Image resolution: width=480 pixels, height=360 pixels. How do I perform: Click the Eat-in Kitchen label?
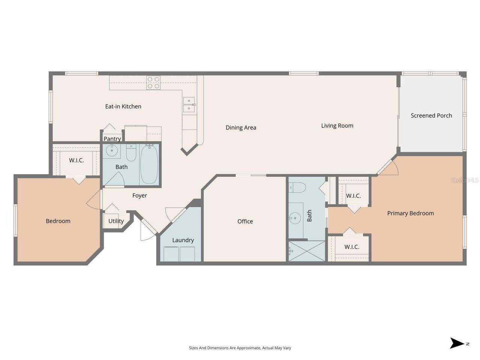click(123, 106)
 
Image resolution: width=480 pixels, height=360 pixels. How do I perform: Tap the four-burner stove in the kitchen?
click(153, 82)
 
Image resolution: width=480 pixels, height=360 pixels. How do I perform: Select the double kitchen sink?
click(189, 105)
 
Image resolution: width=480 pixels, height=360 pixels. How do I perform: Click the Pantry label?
click(112, 139)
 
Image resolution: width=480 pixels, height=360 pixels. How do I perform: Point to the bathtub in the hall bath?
click(149, 165)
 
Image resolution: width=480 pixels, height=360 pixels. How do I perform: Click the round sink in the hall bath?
click(111, 151)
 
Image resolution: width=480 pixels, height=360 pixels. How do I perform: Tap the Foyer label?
click(139, 195)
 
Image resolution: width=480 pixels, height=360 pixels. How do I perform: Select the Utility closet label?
click(116, 221)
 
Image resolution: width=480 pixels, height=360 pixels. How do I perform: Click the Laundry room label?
click(183, 240)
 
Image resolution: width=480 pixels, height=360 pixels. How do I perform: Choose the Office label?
click(245, 221)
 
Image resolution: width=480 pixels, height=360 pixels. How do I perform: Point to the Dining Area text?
click(241, 127)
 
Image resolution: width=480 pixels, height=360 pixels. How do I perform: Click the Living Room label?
click(337, 126)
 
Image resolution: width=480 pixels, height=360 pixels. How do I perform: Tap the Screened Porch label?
click(431, 115)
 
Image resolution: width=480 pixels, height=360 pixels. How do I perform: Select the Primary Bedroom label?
click(410, 213)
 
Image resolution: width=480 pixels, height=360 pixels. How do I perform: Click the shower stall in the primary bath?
click(307, 251)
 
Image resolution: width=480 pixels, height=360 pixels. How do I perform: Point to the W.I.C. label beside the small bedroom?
click(76, 160)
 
